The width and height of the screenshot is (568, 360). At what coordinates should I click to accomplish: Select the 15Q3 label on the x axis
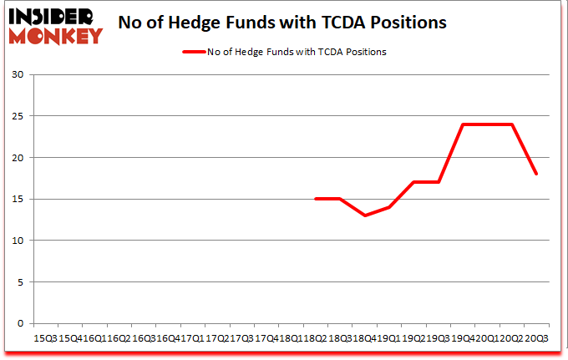[x=45, y=337]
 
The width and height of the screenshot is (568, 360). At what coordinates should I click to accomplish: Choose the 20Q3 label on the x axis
[x=536, y=337]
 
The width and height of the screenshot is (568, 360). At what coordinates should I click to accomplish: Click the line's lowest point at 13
[x=364, y=215]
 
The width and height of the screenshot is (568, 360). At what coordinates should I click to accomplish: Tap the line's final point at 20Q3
[x=536, y=175]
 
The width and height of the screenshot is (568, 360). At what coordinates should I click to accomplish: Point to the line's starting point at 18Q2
[x=315, y=199]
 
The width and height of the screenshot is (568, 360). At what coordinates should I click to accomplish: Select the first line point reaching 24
[x=463, y=124]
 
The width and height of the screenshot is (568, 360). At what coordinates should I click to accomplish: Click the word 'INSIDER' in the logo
[x=52, y=15]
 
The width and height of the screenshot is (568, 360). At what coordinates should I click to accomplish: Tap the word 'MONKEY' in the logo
[x=57, y=35]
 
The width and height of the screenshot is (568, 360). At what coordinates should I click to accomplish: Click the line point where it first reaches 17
[x=413, y=182]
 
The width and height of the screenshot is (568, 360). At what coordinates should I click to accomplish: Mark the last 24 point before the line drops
[x=511, y=124]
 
